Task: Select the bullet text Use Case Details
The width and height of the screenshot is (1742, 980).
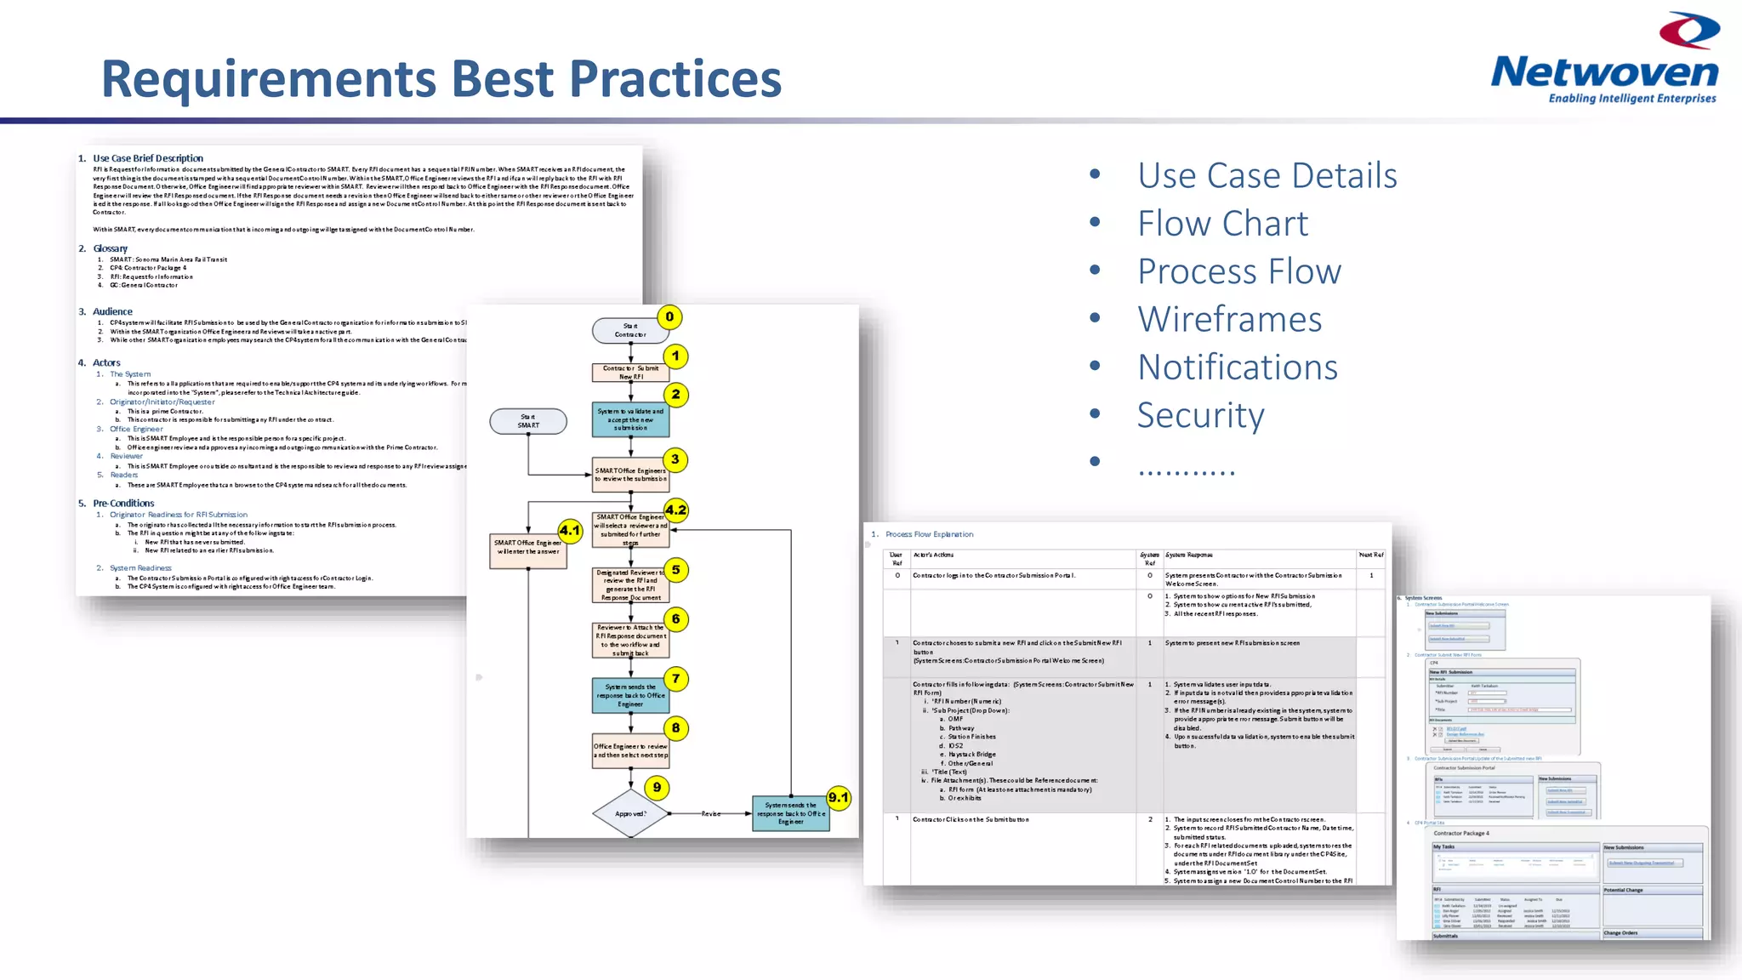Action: tap(1267, 175)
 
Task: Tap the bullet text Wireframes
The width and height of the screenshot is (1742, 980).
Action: tap(1229, 319)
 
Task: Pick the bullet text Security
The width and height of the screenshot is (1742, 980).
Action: tap(1200, 415)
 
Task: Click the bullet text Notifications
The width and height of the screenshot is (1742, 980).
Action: tap(1238, 367)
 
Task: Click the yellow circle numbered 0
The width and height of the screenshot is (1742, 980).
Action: tap(669, 317)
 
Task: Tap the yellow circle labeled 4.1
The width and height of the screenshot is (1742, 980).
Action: tap(569, 531)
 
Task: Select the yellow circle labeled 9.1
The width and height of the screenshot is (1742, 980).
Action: tap(839, 798)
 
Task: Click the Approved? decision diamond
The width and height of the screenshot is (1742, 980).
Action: tap(630, 814)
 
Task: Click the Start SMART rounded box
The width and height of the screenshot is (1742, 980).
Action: tap(528, 421)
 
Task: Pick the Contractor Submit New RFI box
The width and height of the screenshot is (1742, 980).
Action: tap(630, 373)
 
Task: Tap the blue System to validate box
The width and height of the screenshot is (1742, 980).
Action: tap(630, 419)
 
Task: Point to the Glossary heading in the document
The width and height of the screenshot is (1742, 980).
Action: tap(110, 248)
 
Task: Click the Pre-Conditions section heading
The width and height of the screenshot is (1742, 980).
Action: tap(123, 504)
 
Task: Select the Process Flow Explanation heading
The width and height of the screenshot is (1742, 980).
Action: tap(929, 534)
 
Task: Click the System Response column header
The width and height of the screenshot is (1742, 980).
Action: tap(1188, 555)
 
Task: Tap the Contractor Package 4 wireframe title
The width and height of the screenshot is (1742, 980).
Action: tap(1461, 834)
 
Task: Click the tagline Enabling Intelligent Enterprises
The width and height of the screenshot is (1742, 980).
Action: tap(1631, 99)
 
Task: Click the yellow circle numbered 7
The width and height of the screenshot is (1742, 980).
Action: tap(675, 679)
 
